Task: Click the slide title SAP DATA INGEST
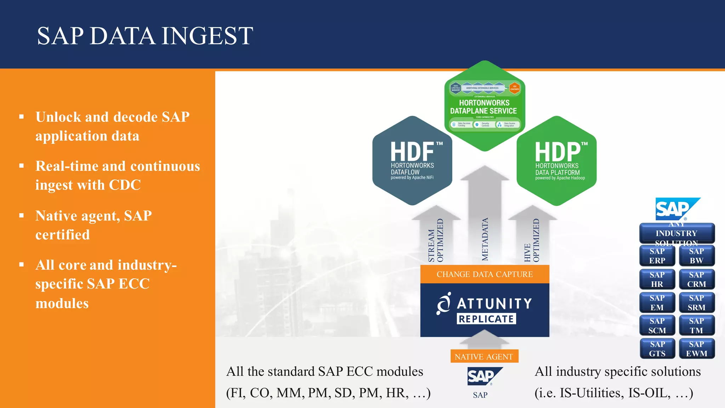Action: (145, 36)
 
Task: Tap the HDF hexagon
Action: (412, 160)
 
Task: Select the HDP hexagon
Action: (557, 161)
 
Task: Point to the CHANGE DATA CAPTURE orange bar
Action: (485, 274)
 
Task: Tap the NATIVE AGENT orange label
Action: (484, 357)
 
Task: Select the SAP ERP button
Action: (657, 256)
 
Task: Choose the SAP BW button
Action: (696, 256)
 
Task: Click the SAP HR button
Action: (657, 279)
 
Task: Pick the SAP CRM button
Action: (696, 279)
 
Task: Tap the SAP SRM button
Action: (696, 303)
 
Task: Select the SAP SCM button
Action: (657, 326)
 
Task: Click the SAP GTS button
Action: (657, 349)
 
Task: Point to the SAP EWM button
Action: (696, 349)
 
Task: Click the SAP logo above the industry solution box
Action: (677, 209)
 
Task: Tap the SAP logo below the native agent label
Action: (484, 376)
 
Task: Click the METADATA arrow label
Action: (485, 239)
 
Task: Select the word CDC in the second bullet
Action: (125, 185)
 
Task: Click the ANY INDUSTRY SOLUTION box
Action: (677, 233)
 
